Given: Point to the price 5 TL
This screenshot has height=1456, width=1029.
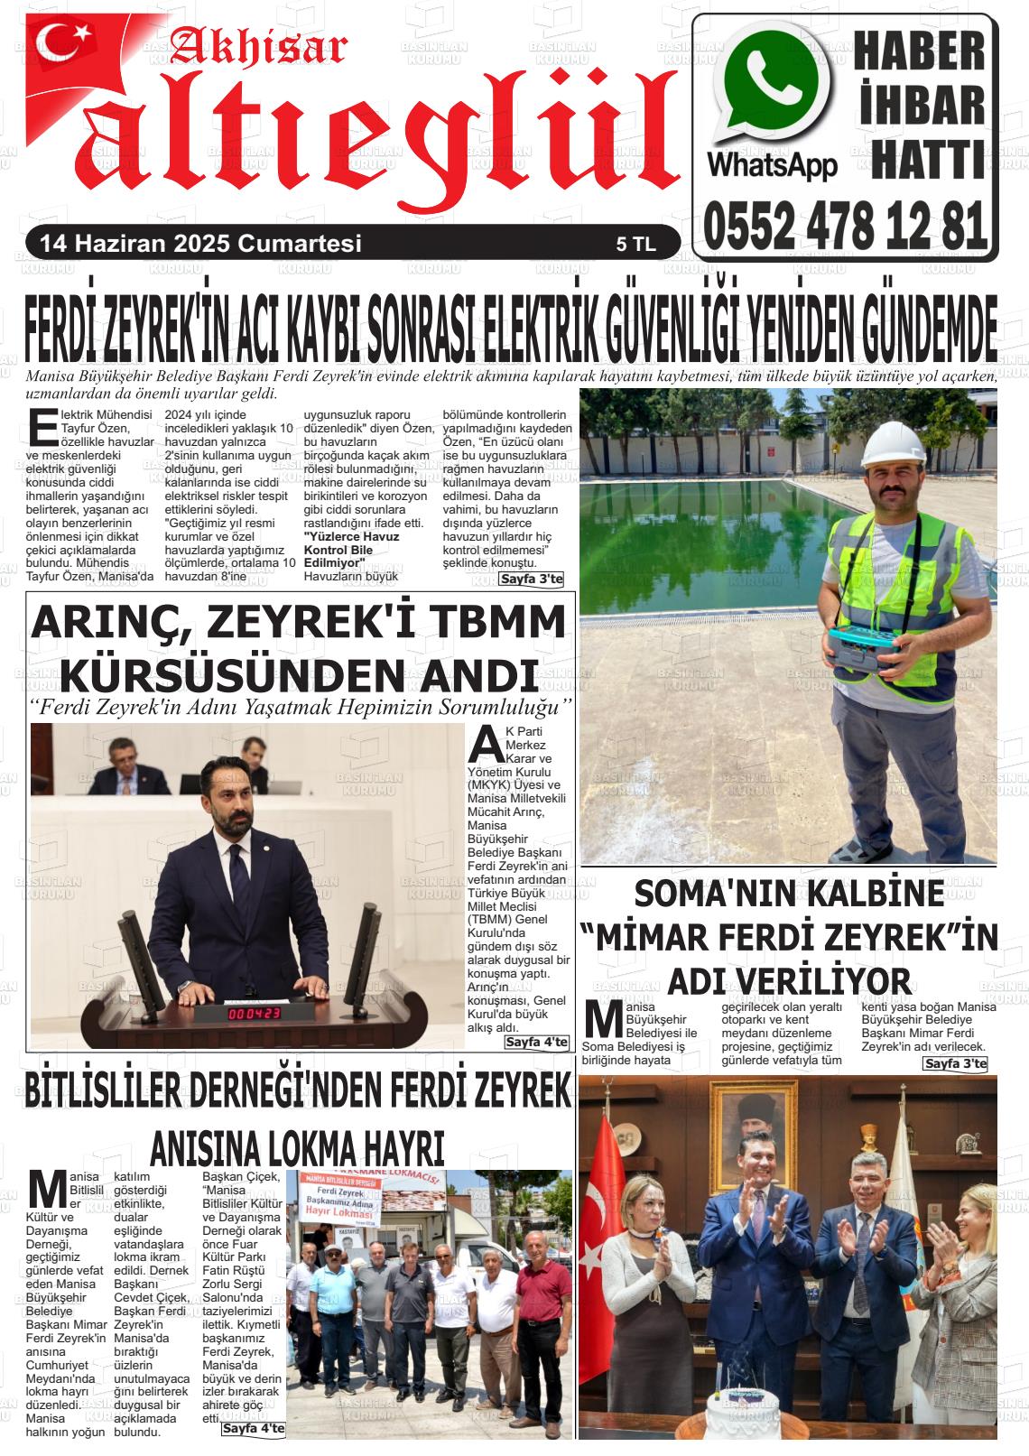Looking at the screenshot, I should pyautogui.click(x=635, y=245).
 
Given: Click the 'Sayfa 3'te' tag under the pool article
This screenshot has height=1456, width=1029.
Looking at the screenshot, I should pyautogui.click(x=531, y=579).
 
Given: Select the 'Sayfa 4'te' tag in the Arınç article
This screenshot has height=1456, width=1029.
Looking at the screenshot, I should pyautogui.click(x=536, y=1042).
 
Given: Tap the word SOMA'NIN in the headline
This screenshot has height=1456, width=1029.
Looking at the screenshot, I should pyautogui.click(x=711, y=894).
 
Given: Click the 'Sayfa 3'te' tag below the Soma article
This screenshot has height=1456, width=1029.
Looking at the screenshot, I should pyautogui.click(x=955, y=1064).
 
